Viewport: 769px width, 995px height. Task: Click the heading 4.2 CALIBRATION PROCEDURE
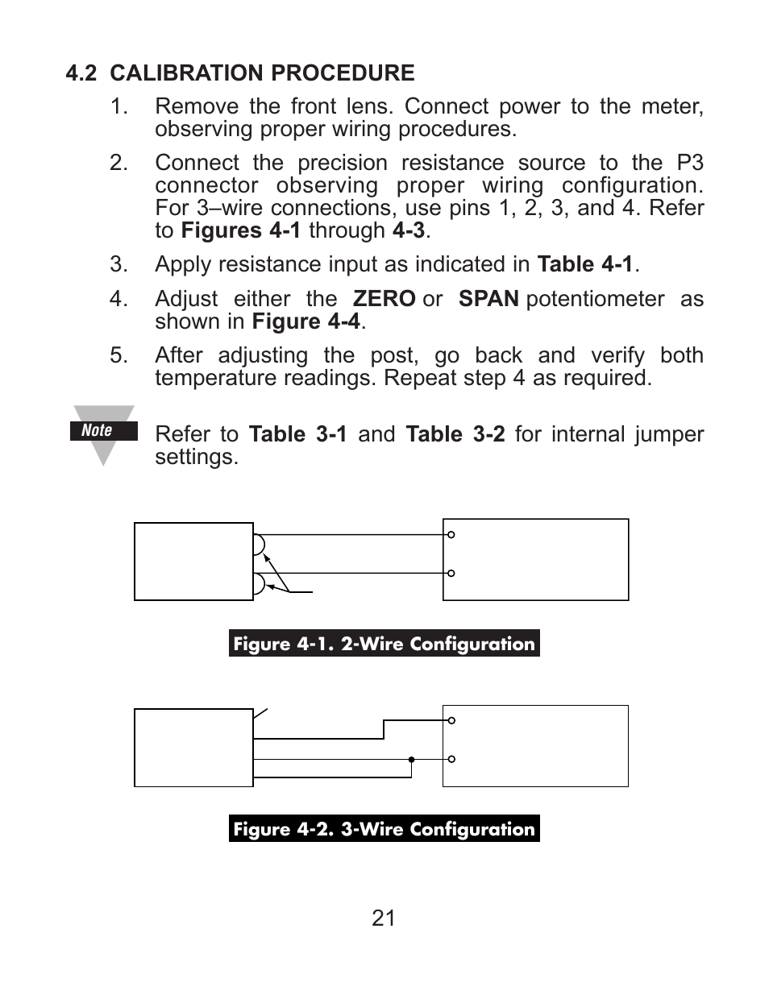[240, 73]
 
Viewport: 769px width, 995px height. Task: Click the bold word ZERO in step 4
[384, 299]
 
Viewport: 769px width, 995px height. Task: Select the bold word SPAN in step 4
[488, 299]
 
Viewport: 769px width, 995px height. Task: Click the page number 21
[384, 918]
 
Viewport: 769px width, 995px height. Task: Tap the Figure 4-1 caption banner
[384, 644]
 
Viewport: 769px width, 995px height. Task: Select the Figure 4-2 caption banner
[384, 829]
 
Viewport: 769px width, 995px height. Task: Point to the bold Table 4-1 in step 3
[585, 264]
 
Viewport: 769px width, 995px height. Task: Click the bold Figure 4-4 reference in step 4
[306, 321]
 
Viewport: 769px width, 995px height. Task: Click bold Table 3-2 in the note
[455, 434]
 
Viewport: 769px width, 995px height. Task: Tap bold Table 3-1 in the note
[298, 434]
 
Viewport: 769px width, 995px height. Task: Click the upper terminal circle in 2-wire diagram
[451, 535]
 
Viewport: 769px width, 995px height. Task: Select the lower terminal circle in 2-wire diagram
[451, 573]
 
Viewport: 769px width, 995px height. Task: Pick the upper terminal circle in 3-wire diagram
[451, 720]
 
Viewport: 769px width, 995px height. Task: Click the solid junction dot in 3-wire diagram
[411, 759]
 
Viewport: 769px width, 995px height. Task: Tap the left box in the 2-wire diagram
[193, 562]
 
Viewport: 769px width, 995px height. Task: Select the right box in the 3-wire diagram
[535, 746]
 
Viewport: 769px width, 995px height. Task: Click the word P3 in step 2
[689, 163]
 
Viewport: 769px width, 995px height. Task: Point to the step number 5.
[118, 355]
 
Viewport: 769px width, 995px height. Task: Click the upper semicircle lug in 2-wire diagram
[259, 545]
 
